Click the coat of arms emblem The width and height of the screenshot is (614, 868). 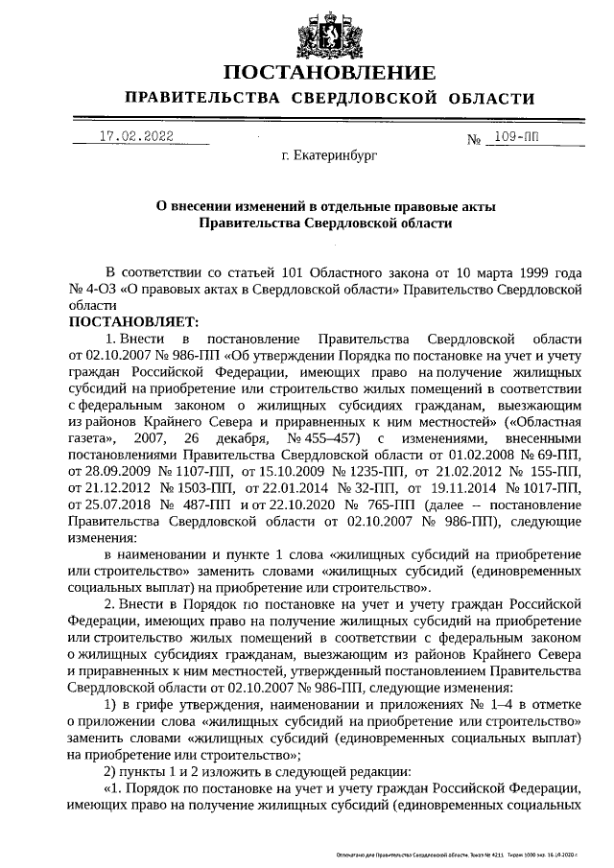[329, 31]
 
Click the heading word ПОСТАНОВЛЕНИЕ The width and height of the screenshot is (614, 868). [329, 74]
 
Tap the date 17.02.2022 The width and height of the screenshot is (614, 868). [136, 137]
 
